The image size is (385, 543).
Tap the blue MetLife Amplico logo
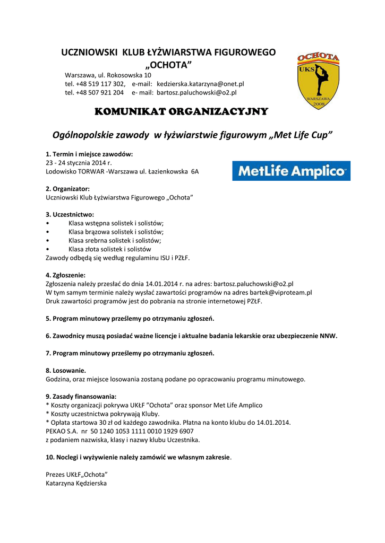point(291,171)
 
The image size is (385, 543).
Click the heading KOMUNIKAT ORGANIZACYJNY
point(181,112)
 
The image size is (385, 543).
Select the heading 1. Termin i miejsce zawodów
point(89,154)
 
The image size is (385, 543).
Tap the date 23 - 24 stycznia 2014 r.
point(79,163)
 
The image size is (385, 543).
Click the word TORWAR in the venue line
point(92,171)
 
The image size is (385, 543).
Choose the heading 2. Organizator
point(67,189)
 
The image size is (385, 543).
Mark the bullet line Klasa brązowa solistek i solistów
point(116,232)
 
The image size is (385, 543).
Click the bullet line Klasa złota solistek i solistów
point(110,249)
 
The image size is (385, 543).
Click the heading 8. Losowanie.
point(66,371)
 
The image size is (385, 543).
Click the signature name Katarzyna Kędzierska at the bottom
point(76,483)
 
